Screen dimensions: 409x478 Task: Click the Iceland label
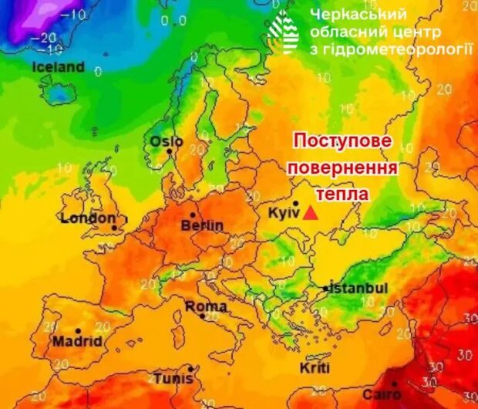(59, 67)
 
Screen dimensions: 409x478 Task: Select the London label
(88, 218)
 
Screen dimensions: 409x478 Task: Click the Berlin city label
(202, 225)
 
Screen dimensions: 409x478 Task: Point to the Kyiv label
(282, 212)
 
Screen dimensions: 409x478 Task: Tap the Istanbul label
(360, 288)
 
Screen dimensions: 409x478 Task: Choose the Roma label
(206, 307)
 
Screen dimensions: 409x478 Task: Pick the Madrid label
(77, 340)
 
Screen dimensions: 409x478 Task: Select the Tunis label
(173, 379)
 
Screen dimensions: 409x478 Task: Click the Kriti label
(315, 367)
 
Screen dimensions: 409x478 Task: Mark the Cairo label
(382, 395)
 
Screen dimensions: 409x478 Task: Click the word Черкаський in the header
(358, 15)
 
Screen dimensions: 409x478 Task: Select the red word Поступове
(343, 142)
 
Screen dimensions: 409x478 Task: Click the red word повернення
(342, 168)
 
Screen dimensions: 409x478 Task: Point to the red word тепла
(342, 194)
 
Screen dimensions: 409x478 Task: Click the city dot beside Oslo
(169, 151)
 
